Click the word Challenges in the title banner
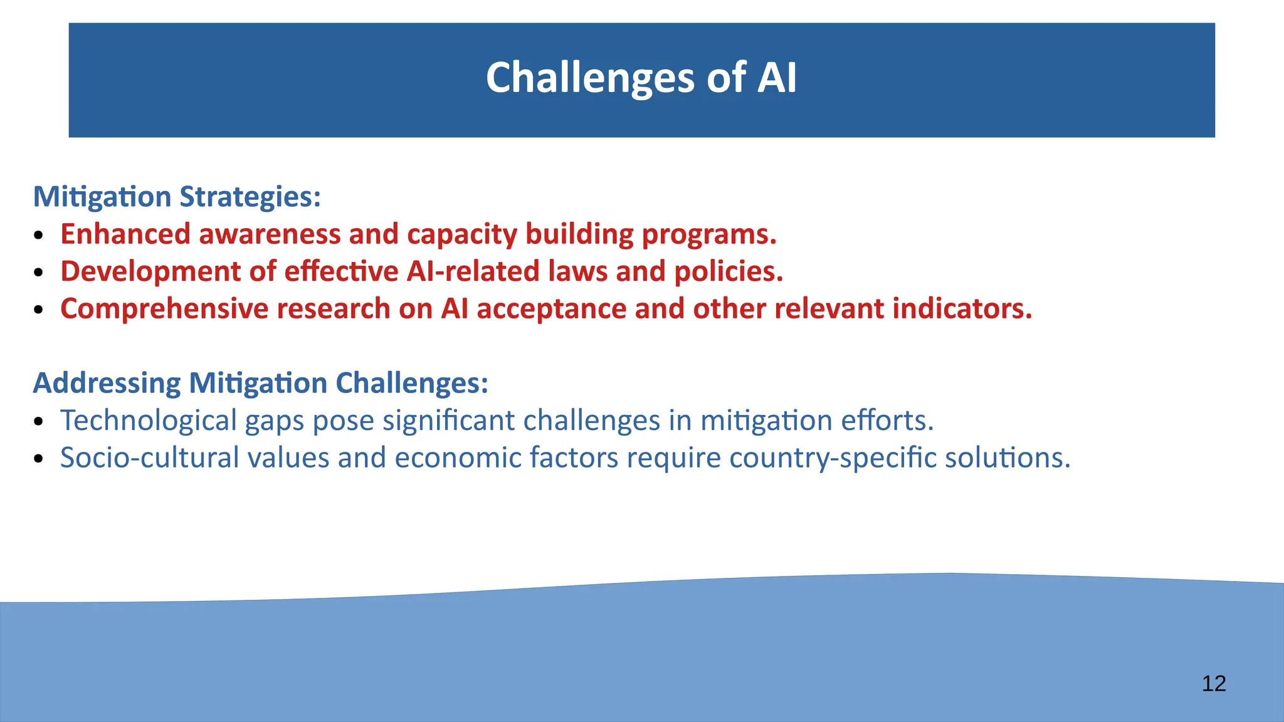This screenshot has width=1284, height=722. point(590,78)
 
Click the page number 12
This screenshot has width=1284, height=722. point(1214,683)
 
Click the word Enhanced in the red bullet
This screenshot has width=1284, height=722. point(125,234)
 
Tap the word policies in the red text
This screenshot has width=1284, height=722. point(728,271)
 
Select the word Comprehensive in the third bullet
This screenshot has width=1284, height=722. point(163,309)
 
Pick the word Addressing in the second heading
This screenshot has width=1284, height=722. point(107,383)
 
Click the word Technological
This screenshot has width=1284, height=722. point(148,421)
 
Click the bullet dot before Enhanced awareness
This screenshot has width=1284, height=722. point(39,236)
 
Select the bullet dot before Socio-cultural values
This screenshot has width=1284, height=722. point(39,459)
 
